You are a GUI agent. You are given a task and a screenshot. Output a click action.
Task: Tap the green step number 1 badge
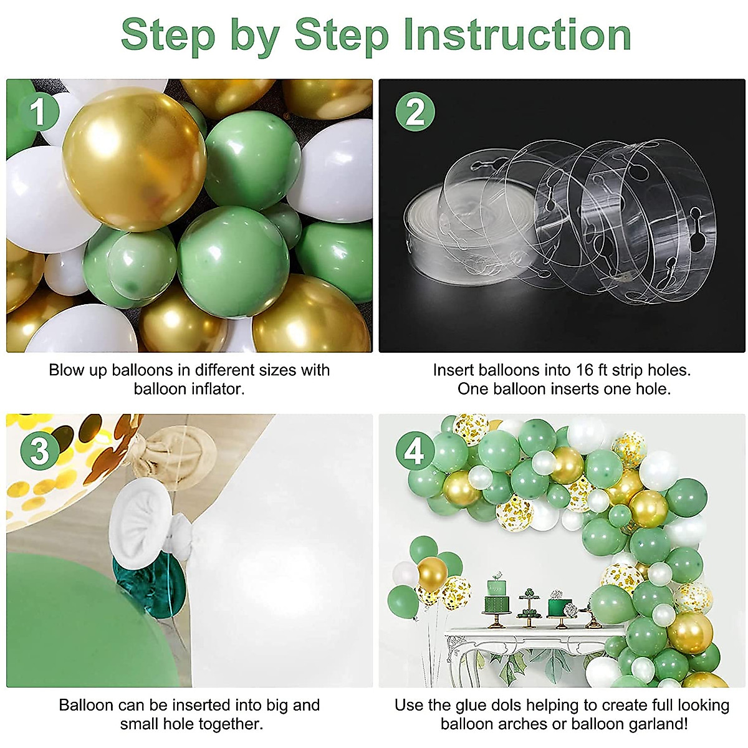tap(39, 113)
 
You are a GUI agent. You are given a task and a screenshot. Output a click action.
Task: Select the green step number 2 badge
tap(415, 113)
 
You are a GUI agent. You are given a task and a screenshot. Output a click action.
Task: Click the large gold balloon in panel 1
tap(134, 159)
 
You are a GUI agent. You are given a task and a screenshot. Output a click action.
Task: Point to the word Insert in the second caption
tap(453, 370)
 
